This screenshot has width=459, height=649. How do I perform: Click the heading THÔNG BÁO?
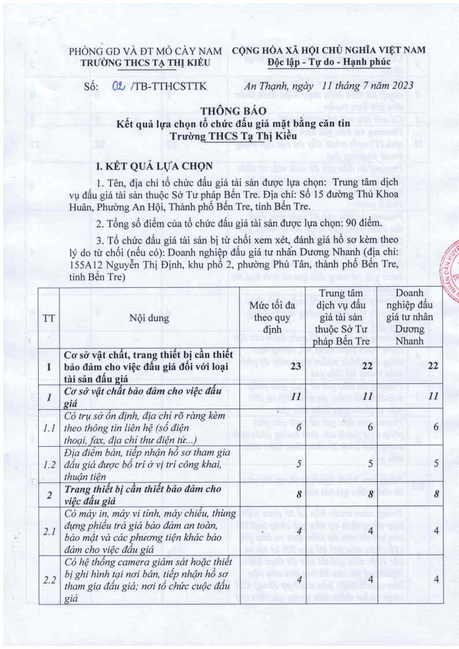229,111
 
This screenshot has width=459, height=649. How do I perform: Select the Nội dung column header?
150,317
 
